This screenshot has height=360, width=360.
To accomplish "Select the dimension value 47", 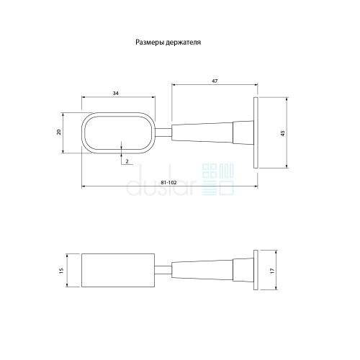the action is (x=215, y=81).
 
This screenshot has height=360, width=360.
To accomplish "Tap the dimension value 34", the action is (x=116, y=94).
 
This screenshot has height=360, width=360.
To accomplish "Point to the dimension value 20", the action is (x=59, y=132).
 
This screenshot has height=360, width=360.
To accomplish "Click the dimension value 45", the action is (x=283, y=133).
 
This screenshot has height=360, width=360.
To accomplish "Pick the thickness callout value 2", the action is (x=127, y=161).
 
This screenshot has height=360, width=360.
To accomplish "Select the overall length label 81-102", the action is (x=168, y=183).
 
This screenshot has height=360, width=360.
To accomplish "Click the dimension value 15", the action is (x=62, y=271).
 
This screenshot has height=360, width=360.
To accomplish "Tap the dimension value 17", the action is (x=272, y=271).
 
